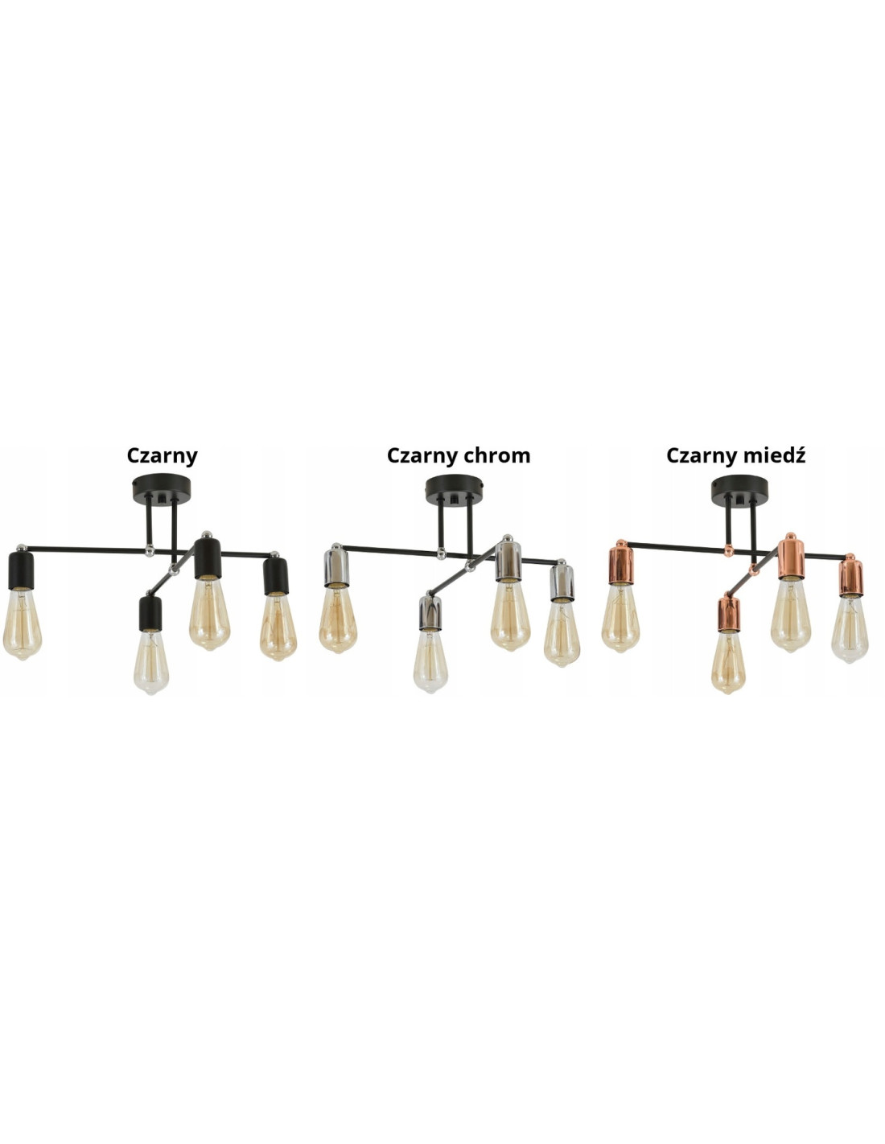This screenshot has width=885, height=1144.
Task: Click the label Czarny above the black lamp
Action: point(162,455)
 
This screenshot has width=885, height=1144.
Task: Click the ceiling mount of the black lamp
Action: point(162,488)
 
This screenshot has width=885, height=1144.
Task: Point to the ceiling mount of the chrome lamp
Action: point(455,488)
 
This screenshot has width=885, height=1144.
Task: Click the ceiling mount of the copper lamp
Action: point(740,488)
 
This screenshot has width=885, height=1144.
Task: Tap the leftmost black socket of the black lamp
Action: point(20,569)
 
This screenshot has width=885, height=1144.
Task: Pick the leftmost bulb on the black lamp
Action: point(23,625)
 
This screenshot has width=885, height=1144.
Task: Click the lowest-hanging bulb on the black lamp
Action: point(150,661)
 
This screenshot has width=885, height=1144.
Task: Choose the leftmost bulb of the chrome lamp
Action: point(338,619)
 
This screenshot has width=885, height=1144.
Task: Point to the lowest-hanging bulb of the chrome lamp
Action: point(430,660)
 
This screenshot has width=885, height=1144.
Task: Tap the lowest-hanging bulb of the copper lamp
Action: point(727,661)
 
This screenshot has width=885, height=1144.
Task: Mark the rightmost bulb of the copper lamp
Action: point(850,628)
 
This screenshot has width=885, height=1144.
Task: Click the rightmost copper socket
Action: point(850,576)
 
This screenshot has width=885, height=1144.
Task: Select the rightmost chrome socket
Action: point(562,582)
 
